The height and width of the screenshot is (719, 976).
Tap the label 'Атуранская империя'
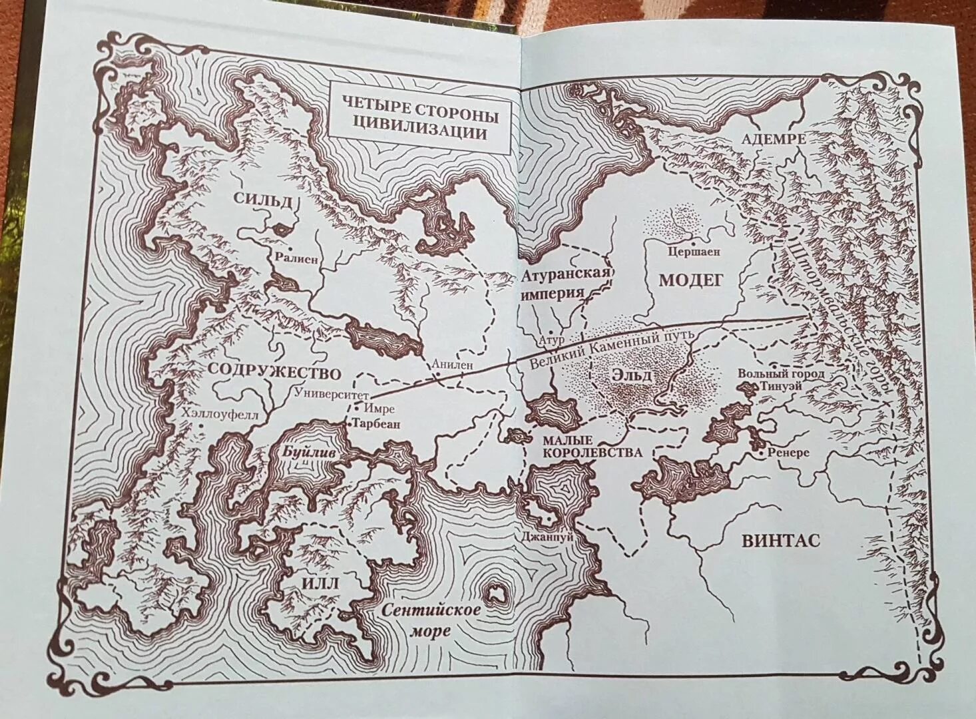point(566,283)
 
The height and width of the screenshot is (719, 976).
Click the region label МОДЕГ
point(690,280)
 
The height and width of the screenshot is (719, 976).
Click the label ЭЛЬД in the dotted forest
point(630,374)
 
